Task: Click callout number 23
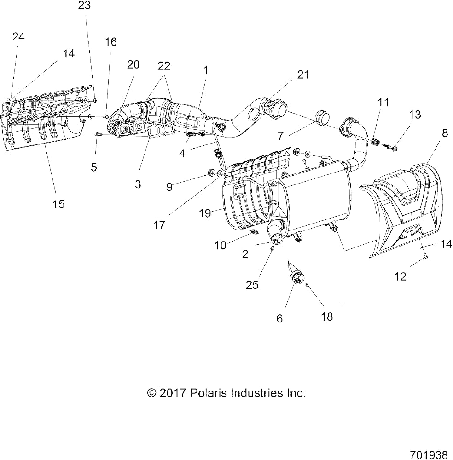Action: click(x=85, y=5)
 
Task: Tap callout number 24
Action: click(x=18, y=37)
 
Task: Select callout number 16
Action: click(x=111, y=42)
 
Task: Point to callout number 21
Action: click(x=303, y=75)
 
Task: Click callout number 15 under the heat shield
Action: click(x=58, y=204)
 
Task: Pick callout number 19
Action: click(x=205, y=213)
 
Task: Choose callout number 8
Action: click(x=445, y=133)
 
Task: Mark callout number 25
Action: click(x=252, y=285)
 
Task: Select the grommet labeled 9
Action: click(x=210, y=172)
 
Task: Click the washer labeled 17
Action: click(x=220, y=174)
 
